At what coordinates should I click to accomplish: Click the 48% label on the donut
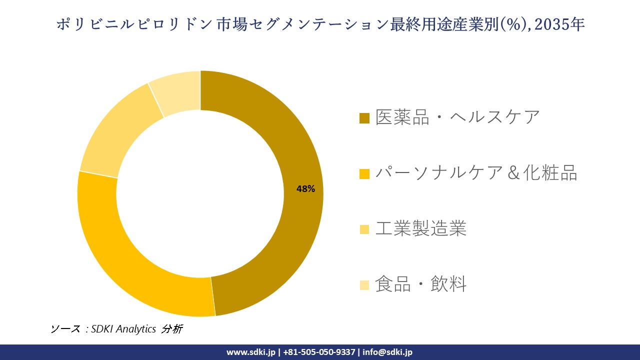click(x=305, y=189)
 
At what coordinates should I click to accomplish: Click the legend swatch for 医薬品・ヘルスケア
click(x=364, y=118)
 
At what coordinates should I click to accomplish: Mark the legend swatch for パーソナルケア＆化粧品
click(x=364, y=174)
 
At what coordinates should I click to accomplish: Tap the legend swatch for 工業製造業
click(x=364, y=229)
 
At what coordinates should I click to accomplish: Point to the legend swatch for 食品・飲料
click(x=364, y=285)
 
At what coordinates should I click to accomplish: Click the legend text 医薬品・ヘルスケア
click(x=457, y=117)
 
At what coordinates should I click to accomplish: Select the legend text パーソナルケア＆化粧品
click(x=476, y=173)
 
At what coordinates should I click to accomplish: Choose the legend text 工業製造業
click(x=420, y=229)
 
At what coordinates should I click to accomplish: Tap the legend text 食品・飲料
click(x=420, y=284)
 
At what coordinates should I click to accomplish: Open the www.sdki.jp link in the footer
click(x=251, y=352)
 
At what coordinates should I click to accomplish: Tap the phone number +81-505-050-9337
click(x=319, y=352)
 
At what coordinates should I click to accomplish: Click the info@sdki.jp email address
click(x=387, y=352)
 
